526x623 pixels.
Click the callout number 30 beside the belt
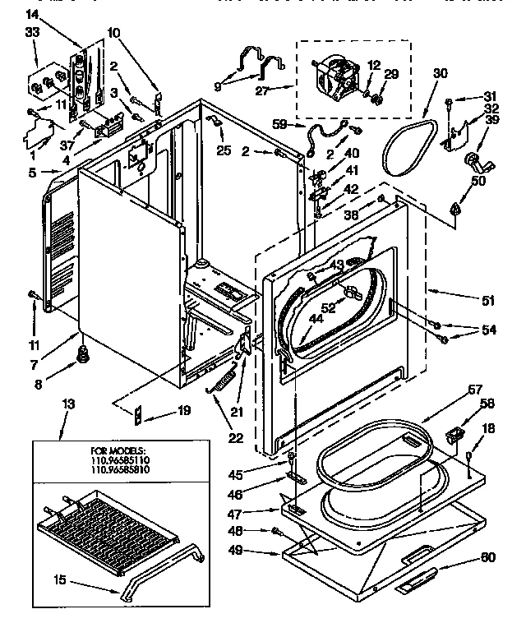pos(441,74)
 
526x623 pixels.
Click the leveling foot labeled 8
pos(83,353)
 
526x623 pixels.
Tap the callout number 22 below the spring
pos(236,437)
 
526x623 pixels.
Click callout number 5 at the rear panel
pos(32,173)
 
